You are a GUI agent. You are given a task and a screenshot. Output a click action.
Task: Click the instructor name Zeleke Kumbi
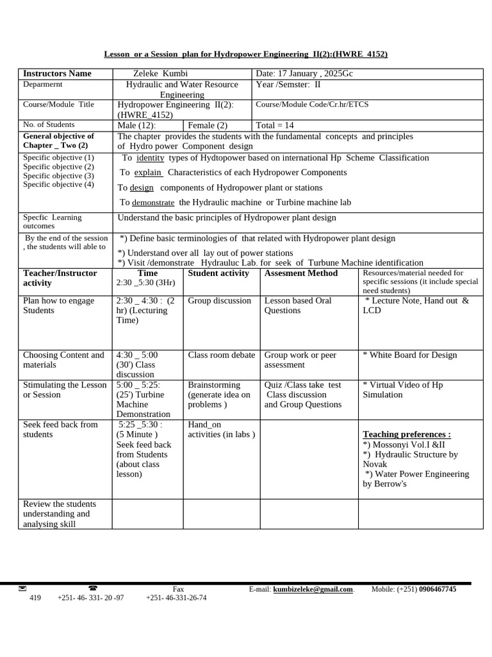point(160,74)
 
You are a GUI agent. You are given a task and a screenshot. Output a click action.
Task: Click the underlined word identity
point(151,158)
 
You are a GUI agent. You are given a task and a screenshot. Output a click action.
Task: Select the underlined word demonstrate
point(153,203)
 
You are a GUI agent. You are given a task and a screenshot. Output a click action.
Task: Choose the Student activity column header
point(218,273)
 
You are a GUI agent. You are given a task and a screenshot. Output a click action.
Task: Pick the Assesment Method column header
point(301,273)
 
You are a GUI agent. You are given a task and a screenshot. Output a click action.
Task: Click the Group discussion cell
point(220,301)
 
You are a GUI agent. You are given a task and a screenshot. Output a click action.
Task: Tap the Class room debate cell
point(221,355)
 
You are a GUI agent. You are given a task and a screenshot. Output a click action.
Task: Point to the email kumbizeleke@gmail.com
point(313,590)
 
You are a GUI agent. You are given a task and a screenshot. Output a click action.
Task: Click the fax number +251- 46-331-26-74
point(176,598)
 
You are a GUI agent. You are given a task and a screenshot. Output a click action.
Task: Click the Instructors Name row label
point(57,74)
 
